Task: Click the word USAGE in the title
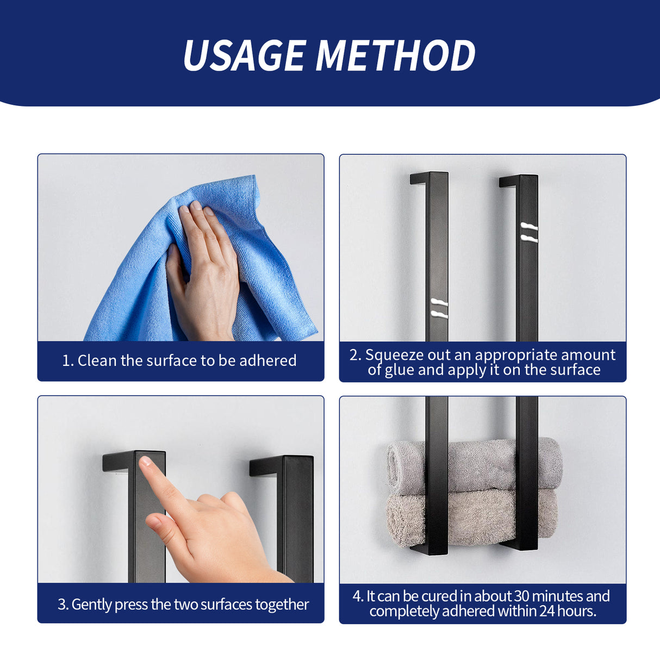pyautogui.click(x=244, y=55)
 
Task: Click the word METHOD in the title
pyautogui.click(x=395, y=55)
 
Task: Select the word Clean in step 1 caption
pyautogui.click(x=97, y=360)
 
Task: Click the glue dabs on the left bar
pyautogui.click(x=439, y=307)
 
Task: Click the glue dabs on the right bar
pyautogui.click(x=529, y=232)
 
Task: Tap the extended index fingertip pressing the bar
pyautogui.click(x=146, y=462)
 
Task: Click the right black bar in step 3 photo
pyautogui.click(x=296, y=516)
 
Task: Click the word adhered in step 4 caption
pyautogui.click(x=468, y=612)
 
